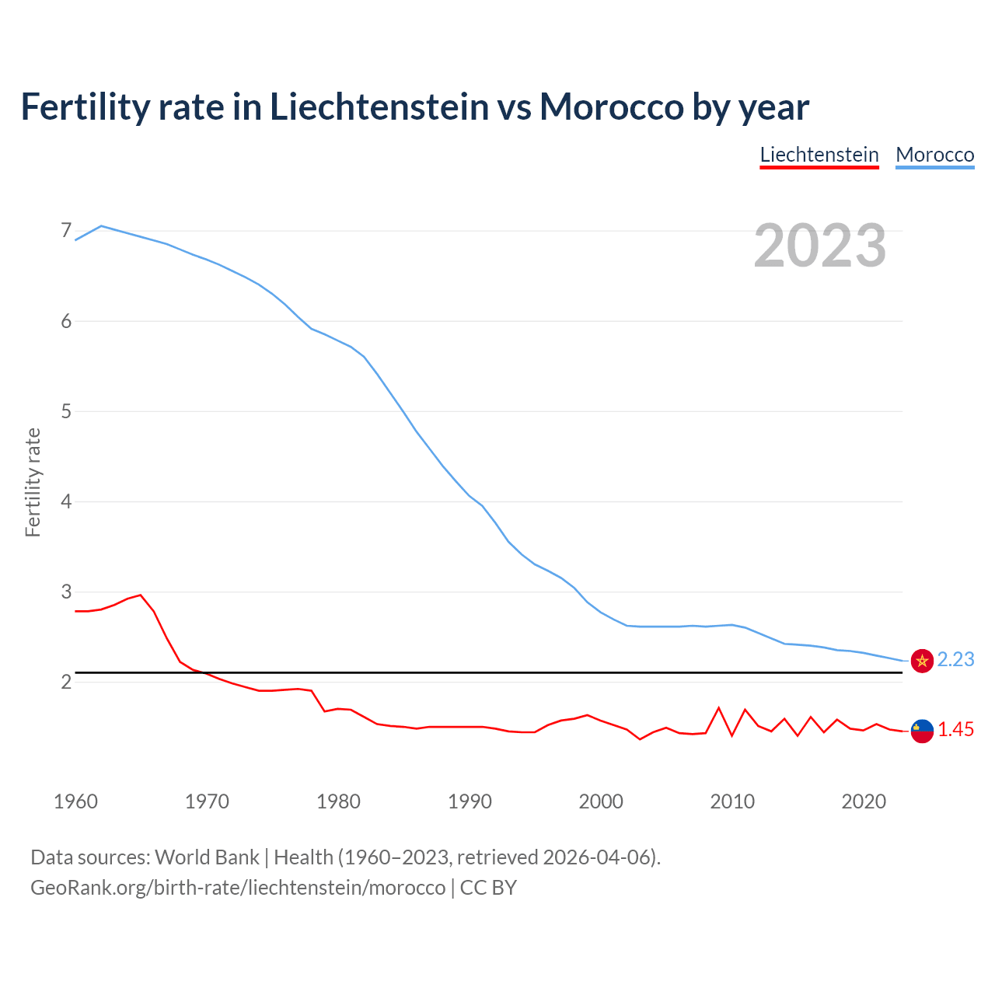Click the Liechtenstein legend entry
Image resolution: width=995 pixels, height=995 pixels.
(x=819, y=155)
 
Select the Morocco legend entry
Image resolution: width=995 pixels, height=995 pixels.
(x=934, y=155)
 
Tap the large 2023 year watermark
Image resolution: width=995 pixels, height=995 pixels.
(x=820, y=246)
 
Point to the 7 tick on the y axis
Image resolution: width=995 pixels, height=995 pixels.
(x=65, y=231)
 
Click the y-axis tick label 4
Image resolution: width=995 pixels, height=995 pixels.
(x=65, y=501)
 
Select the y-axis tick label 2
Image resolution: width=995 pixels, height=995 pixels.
(x=65, y=682)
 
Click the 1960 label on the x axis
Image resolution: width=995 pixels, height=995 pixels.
(x=75, y=801)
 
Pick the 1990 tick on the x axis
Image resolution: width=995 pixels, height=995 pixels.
(x=470, y=801)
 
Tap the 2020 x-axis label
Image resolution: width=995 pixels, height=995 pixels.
(x=864, y=801)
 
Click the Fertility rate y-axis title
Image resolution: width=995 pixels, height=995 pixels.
(x=33, y=482)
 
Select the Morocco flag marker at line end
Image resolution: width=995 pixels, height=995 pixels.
(x=922, y=661)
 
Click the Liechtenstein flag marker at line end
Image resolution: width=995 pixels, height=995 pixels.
(x=922, y=731)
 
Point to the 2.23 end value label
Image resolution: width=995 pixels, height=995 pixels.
(x=955, y=660)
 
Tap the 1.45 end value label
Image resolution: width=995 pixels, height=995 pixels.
(x=955, y=730)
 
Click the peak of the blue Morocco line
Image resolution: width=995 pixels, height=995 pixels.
(x=101, y=225)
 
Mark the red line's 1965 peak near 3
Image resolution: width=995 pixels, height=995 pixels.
(x=141, y=595)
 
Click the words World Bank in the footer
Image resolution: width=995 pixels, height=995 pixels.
(x=207, y=857)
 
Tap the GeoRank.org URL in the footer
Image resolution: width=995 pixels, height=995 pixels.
(x=238, y=888)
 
